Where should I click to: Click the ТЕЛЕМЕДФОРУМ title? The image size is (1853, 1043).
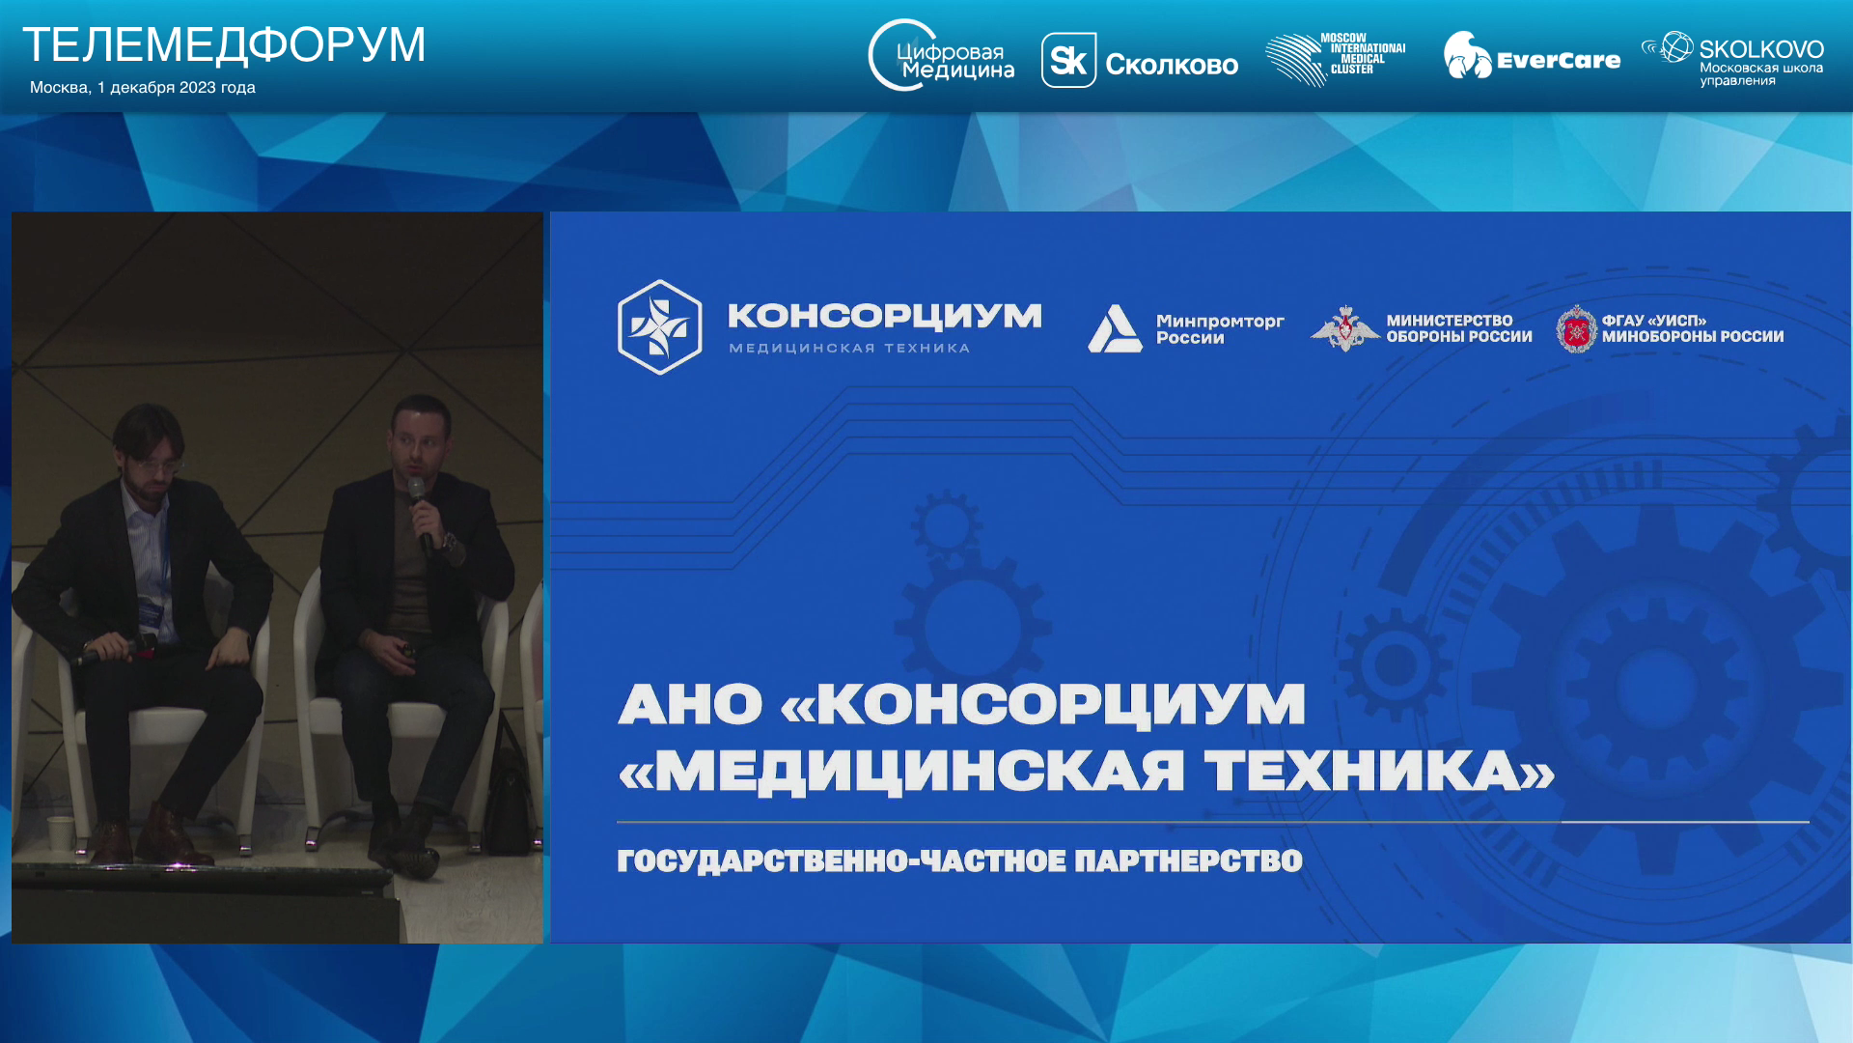tap(224, 44)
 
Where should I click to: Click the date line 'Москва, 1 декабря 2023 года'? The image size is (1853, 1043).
tap(143, 87)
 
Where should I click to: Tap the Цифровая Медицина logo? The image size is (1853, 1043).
tap(941, 56)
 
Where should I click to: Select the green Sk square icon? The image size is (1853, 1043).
tap(1068, 60)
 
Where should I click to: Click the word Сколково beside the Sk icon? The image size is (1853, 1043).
tap(1172, 65)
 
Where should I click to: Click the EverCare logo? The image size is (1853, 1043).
tap(1532, 56)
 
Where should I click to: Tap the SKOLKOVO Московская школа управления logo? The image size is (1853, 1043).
tap(1732, 59)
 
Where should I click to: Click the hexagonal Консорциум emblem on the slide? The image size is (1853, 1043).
tap(659, 327)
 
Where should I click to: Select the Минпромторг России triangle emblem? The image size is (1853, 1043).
tap(1115, 328)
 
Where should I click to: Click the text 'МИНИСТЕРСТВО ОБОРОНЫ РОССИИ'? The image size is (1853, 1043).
tap(1459, 328)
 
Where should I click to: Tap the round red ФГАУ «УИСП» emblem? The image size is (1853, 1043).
tap(1576, 328)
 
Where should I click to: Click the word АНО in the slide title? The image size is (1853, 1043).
tap(690, 704)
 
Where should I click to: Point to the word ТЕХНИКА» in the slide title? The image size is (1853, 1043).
tap(1380, 772)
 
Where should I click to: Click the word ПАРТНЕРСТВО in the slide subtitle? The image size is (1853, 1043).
tap(1188, 860)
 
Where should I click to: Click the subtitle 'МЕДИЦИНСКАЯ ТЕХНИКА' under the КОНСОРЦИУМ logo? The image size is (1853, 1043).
tap(849, 348)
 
